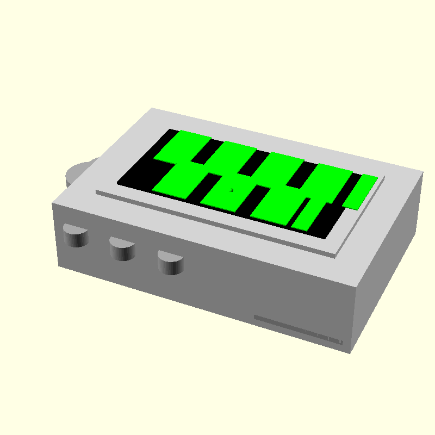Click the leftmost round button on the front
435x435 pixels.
76,236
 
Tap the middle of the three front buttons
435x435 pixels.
122,248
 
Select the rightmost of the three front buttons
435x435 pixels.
170,262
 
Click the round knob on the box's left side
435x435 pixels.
79,171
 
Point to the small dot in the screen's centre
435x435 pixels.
232,190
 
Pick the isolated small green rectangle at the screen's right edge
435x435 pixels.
361,192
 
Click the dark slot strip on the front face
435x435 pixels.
298,329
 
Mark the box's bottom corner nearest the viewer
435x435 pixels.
349,353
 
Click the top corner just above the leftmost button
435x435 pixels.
52,203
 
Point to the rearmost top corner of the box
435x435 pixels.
153,108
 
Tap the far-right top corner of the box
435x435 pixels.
423,173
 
